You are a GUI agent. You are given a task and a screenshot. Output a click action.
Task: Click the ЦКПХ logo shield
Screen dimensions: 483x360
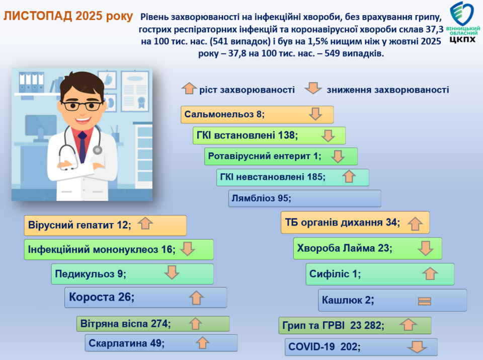pyautogui.click(x=461, y=14)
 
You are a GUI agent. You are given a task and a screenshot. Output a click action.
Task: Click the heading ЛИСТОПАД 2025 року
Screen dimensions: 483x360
pyautogui.click(x=68, y=16)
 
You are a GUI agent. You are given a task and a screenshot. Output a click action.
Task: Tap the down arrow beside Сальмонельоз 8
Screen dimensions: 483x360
pyautogui.click(x=315, y=114)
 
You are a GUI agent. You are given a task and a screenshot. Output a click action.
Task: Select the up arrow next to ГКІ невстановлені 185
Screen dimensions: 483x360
pyautogui.click(x=349, y=177)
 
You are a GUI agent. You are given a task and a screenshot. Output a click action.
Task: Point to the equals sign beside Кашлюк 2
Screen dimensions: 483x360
pyautogui.click(x=424, y=301)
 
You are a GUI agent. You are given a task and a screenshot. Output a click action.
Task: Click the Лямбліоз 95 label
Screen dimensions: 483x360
pyautogui.click(x=261, y=198)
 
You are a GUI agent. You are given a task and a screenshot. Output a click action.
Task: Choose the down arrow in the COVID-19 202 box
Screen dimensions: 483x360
pyautogui.click(x=417, y=347)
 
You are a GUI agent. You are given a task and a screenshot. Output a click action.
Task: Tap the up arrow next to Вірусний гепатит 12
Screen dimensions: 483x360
pyautogui.click(x=145, y=223)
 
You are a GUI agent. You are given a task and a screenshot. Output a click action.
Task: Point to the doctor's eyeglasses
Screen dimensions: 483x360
pyautogui.click(x=82, y=105)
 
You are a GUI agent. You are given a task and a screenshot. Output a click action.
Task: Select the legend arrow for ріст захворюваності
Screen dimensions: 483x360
pyautogui.click(x=189, y=89)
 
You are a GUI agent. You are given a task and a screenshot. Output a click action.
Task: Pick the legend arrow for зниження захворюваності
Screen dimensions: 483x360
pyautogui.click(x=313, y=88)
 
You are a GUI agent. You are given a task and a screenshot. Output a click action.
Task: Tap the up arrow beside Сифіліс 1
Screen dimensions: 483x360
pyautogui.click(x=430, y=273)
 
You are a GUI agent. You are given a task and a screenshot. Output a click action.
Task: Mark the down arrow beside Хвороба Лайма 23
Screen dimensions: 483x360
pyautogui.click(x=426, y=248)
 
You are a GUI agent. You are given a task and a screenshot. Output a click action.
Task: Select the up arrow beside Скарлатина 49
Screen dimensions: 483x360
pyautogui.click(x=202, y=343)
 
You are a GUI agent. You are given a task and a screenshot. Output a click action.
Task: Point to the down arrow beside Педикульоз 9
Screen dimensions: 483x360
pyautogui.click(x=172, y=272)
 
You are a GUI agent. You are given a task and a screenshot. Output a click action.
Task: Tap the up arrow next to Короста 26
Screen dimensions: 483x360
pyautogui.click(x=196, y=298)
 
